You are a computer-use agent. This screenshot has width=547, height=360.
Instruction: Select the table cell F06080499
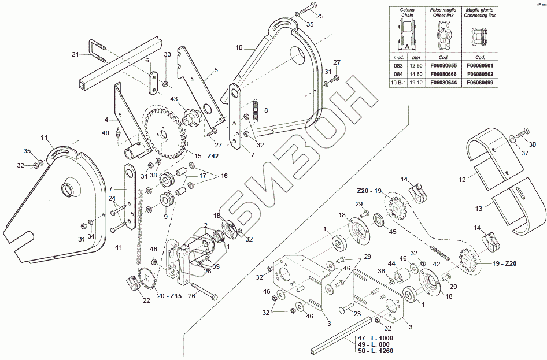pos(480,83)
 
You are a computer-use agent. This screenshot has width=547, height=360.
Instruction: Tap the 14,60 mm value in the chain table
pos(415,75)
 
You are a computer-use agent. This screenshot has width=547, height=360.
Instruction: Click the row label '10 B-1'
pos(397,83)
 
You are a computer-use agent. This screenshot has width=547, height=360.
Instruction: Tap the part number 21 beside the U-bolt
pos(75,55)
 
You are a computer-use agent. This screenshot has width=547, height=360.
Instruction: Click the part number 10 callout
pos(239,48)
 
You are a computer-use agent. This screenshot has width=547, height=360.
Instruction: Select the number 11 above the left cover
pos(43,138)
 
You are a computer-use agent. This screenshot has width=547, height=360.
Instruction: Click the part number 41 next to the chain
pos(119,247)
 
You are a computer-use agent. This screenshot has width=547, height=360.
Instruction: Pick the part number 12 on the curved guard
pos(462,180)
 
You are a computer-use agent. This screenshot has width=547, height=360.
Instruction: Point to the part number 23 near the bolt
pos(356,314)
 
